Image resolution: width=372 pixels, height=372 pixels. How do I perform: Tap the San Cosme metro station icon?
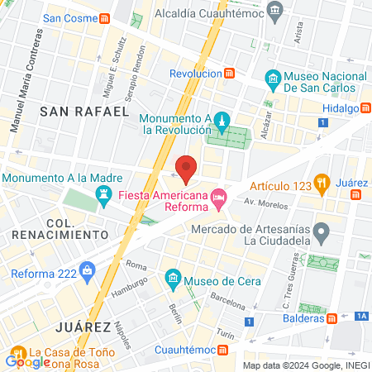[x=105, y=18]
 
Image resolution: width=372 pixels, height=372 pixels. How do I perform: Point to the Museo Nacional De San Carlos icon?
[x=274, y=80]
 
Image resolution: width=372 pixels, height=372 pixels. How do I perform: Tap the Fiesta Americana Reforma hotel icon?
[x=219, y=197]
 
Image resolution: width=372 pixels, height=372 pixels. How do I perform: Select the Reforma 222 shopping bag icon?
[x=86, y=274]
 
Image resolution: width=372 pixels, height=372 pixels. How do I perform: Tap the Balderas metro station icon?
[x=332, y=317]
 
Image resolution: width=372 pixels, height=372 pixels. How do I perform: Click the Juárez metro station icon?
[x=356, y=195]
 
